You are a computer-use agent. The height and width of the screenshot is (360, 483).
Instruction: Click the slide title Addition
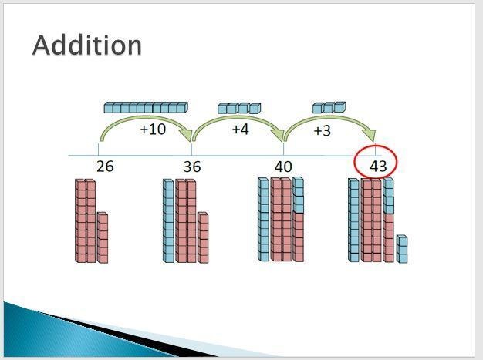[87, 45]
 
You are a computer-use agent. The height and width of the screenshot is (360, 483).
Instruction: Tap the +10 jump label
[153, 130]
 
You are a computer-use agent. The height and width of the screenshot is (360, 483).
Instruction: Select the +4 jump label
[240, 130]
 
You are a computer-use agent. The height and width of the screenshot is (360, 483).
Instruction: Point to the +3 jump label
[323, 131]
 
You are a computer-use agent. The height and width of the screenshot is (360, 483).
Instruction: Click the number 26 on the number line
[105, 167]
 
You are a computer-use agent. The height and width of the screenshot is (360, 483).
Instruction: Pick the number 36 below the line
[192, 167]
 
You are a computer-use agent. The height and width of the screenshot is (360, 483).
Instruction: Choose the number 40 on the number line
[283, 167]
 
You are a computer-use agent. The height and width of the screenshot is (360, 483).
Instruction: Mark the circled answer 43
[378, 167]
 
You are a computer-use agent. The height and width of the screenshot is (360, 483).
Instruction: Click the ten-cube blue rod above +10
[146, 107]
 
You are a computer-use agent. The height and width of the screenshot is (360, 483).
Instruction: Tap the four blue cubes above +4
[239, 108]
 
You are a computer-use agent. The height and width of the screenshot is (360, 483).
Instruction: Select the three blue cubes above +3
[329, 107]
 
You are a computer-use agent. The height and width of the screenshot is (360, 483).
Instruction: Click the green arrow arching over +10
[144, 117]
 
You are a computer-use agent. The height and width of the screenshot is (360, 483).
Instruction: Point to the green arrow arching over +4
[237, 117]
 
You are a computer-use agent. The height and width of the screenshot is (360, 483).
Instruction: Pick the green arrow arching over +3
[329, 118]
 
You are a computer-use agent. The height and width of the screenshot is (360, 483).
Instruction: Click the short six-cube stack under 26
[103, 237]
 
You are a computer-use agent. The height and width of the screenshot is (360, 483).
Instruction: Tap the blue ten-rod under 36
[168, 220]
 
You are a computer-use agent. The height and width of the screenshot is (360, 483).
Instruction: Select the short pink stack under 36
[203, 237]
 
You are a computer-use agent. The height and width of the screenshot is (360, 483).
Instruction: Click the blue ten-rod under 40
[263, 220]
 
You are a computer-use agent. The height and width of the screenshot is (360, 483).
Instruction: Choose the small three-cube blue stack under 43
[402, 249]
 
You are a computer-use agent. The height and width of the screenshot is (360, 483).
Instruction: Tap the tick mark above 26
[98, 150]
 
